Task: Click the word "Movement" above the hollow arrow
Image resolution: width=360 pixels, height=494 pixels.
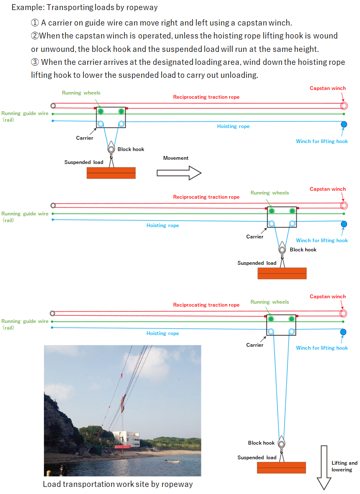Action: (176, 158)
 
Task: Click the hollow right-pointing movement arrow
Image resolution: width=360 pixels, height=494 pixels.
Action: (179, 173)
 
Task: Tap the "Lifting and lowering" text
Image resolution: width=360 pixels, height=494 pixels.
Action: (344, 466)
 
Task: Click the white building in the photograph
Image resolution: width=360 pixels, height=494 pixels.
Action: (126, 438)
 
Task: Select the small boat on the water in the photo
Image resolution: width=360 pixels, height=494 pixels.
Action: (172, 461)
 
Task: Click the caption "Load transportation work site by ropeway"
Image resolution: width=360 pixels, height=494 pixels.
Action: (118, 484)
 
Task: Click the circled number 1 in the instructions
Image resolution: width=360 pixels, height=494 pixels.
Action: (35, 23)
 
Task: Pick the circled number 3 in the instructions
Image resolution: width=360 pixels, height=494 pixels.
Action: (35, 62)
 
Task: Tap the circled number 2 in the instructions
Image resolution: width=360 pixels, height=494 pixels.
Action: (35, 36)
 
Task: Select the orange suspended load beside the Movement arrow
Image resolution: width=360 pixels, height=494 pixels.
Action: (111, 173)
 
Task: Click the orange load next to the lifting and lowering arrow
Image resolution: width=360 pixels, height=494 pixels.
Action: (281, 468)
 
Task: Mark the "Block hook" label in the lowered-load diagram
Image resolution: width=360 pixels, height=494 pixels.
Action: (261, 443)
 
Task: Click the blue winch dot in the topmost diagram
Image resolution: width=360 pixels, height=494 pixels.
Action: (344, 125)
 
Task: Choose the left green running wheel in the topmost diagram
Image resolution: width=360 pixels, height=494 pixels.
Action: (100, 111)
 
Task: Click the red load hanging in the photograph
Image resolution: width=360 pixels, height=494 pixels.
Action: (123, 446)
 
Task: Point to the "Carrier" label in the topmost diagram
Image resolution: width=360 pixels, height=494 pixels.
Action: (84, 138)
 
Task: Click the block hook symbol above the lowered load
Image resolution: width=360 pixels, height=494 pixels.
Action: (281, 443)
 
